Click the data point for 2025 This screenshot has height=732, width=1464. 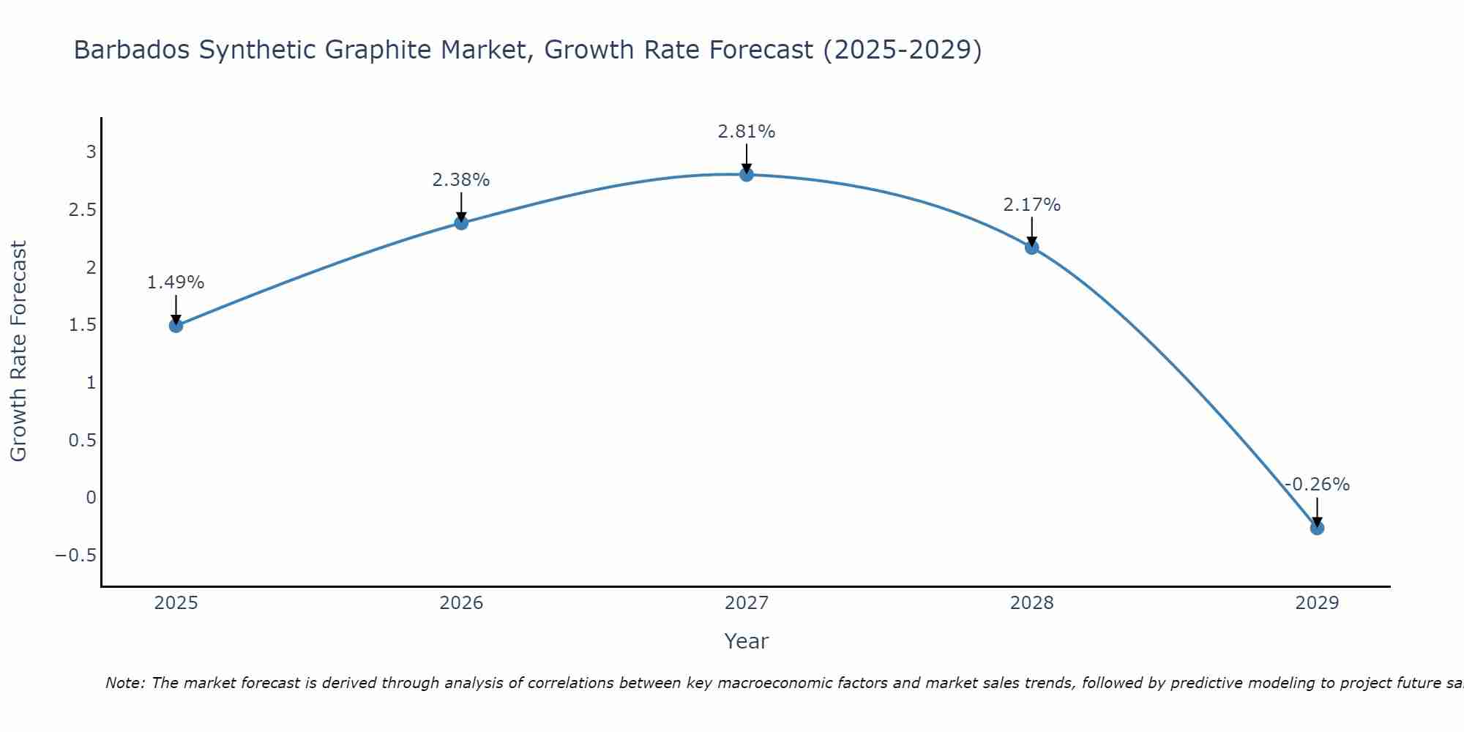pyautogui.click(x=176, y=326)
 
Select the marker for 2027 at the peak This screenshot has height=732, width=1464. pyautogui.click(x=747, y=174)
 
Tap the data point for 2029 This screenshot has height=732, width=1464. pyautogui.click(x=1317, y=528)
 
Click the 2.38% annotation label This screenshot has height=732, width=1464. pyautogui.click(x=461, y=180)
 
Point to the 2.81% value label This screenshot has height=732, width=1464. pyautogui.click(x=747, y=132)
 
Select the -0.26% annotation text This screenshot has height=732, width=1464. pyautogui.click(x=1317, y=485)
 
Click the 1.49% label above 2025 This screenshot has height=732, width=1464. pyautogui.click(x=176, y=283)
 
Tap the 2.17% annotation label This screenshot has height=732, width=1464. pyautogui.click(x=1032, y=205)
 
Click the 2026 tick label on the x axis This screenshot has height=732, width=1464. pyautogui.click(x=461, y=603)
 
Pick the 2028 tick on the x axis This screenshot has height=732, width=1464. pyautogui.click(x=1032, y=603)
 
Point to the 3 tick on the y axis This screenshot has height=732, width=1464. pyautogui.click(x=91, y=152)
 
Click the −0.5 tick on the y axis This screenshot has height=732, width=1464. pyautogui.click(x=76, y=556)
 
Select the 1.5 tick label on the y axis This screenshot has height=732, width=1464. pyautogui.click(x=83, y=325)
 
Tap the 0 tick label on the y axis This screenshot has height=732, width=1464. pyautogui.click(x=91, y=498)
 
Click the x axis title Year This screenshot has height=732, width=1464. pyautogui.click(x=747, y=642)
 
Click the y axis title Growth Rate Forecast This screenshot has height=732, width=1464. pyautogui.click(x=19, y=351)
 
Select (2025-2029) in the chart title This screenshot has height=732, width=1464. pyautogui.click(x=902, y=51)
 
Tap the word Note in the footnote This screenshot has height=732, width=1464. pyautogui.click(x=124, y=684)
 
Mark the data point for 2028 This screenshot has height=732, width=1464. pyautogui.click(x=1032, y=247)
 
